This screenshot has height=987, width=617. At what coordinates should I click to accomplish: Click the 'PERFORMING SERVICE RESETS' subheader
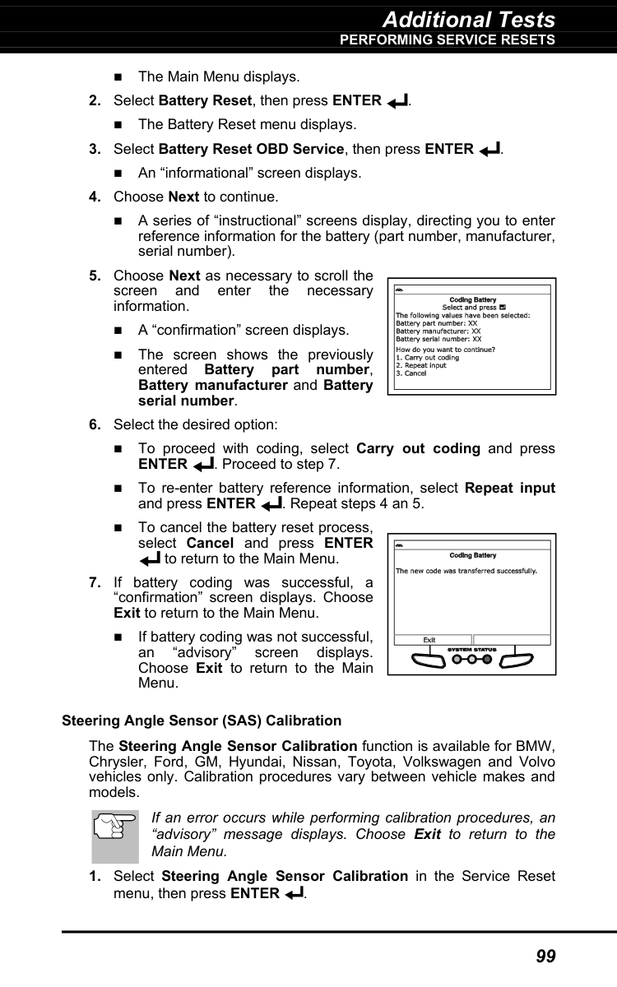pos(448,39)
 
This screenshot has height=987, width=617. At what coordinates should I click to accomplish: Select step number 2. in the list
pos(95,101)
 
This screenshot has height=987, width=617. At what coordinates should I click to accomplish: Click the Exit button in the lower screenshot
pos(429,640)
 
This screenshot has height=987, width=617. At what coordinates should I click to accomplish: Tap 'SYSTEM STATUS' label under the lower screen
pos(471,650)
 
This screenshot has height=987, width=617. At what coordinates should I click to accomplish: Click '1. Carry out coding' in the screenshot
pos(427,358)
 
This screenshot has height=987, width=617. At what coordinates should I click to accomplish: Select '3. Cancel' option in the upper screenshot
pos(411,373)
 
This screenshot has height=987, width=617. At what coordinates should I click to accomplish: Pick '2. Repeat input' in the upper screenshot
pos(421,365)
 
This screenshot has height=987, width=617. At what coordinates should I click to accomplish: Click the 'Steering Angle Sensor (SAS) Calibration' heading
pos(202,721)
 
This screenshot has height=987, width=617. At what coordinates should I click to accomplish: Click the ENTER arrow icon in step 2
pos(396,102)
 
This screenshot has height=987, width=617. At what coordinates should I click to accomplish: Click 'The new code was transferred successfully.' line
pos(467,570)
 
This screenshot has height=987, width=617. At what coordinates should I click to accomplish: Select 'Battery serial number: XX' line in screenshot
pos(438,338)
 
